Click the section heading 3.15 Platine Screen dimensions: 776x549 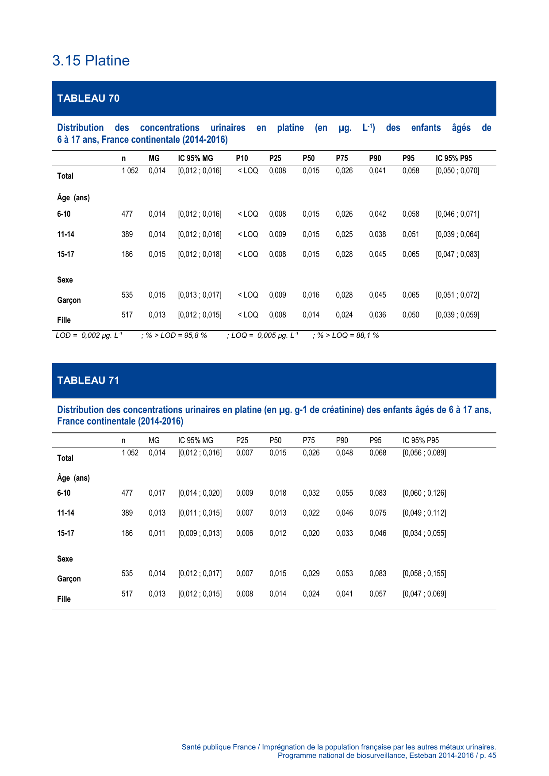click(x=91, y=61)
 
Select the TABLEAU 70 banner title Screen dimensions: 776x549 click(x=88, y=98)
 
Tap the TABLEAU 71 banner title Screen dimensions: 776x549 click(x=88, y=380)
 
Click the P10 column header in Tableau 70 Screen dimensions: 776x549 click(x=242, y=158)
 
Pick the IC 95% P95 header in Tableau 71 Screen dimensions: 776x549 click(x=421, y=440)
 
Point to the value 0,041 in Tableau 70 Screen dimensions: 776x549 click(x=377, y=171)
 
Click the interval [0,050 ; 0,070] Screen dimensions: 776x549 click(x=457, y=171)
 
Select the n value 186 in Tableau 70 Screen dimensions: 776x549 click(x=127, y=254)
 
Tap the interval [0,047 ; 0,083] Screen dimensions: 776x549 click(x=457, y=254)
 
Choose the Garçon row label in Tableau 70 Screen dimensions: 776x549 click(x=69, y=300)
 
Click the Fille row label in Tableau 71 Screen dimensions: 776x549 click(x=64, y=599)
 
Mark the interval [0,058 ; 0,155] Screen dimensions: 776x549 click(x=424, y=573)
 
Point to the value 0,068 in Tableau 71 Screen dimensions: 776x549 click(x=378, y=453)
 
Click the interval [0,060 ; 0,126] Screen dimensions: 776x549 click(x=424, y=493)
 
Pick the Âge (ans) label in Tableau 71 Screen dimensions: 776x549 click(x=73, y=478)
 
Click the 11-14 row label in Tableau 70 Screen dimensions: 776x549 click(x=65, y=234)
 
